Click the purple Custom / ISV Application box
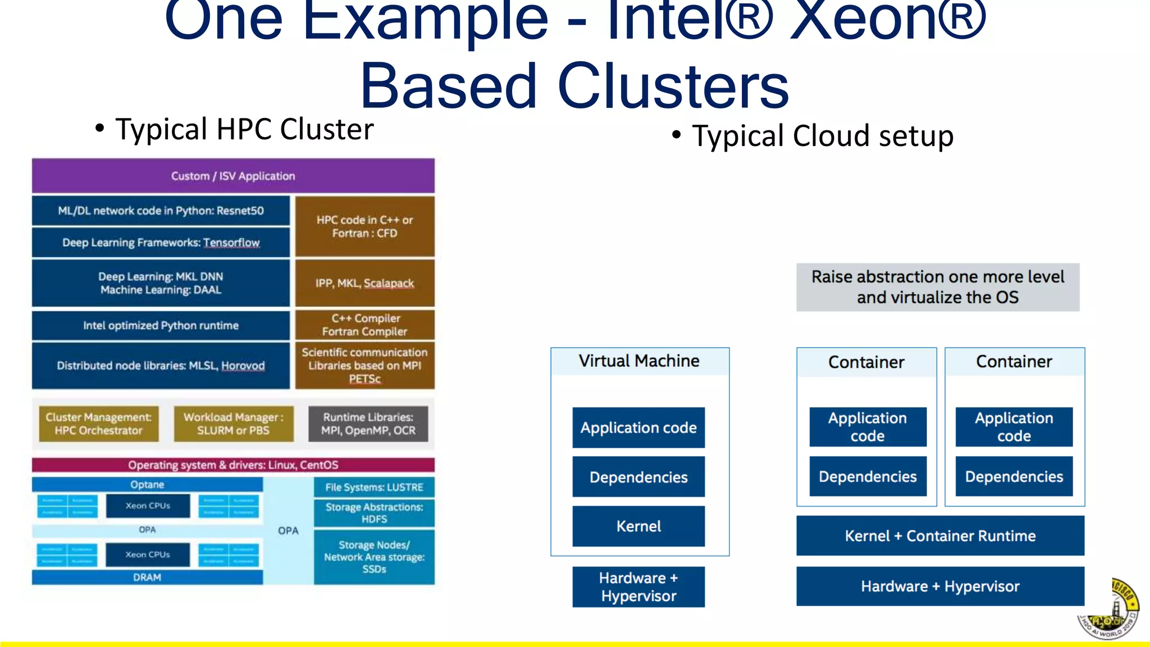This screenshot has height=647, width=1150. tap(233, 176)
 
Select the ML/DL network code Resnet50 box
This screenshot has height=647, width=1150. tap(161, 211)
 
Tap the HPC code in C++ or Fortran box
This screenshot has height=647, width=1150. tap(364, 226)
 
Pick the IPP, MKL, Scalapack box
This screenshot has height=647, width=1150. tap(364, 283)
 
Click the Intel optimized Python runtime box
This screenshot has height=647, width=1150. tap(161, 325)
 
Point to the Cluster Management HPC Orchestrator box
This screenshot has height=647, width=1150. tap(98, 424)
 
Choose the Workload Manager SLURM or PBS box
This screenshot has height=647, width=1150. tap(233, 424)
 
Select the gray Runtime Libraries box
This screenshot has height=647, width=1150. tap(368, 424)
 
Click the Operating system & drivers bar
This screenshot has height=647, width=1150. tap(233, 465)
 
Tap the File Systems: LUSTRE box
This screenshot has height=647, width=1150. tap(374, 487)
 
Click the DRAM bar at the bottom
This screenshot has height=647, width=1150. tap(147, 577)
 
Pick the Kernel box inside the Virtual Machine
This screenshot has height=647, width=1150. tap(638, 526)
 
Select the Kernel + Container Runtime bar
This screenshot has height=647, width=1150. tap(940, 536)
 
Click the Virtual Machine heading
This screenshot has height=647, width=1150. tap(639, 361)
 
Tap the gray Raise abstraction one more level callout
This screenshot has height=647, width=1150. tap(938, 287)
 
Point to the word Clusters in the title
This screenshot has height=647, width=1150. tap(673, 87)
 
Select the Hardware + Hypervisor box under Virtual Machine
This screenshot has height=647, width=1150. tap(638, 587)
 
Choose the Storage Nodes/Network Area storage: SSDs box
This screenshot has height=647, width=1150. tap(374, 557)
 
